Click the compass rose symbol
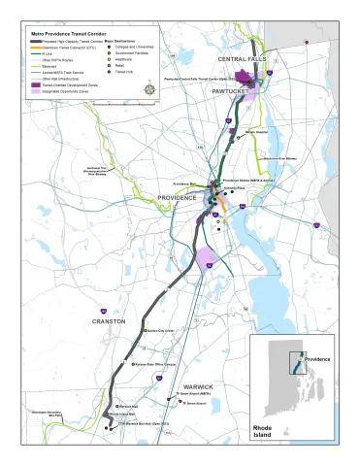(148, 89)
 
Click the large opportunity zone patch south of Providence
(206, 259)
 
